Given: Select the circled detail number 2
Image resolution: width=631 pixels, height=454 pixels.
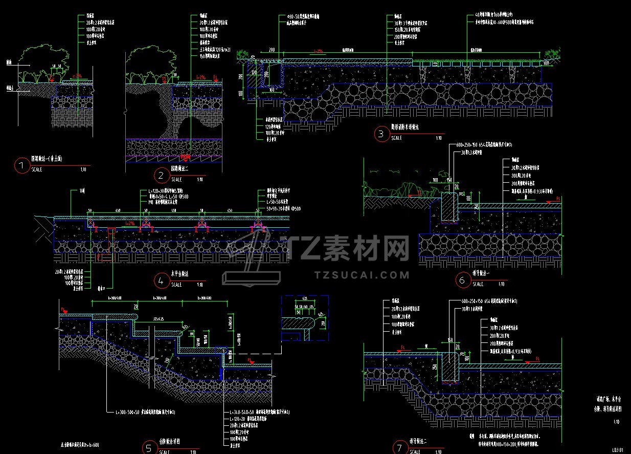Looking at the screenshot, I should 161,177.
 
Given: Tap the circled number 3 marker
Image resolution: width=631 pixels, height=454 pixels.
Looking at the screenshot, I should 381,135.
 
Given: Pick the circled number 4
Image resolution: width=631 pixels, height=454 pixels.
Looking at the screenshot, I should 161,280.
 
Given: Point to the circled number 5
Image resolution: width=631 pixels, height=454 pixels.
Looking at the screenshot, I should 149,448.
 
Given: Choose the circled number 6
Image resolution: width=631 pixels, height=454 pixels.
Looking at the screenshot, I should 462,280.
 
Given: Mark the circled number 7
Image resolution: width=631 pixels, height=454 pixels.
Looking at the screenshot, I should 400,448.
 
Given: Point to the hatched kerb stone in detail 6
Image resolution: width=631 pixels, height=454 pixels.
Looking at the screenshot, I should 448,207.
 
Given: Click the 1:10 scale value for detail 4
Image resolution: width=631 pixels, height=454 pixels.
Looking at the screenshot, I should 199,285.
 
